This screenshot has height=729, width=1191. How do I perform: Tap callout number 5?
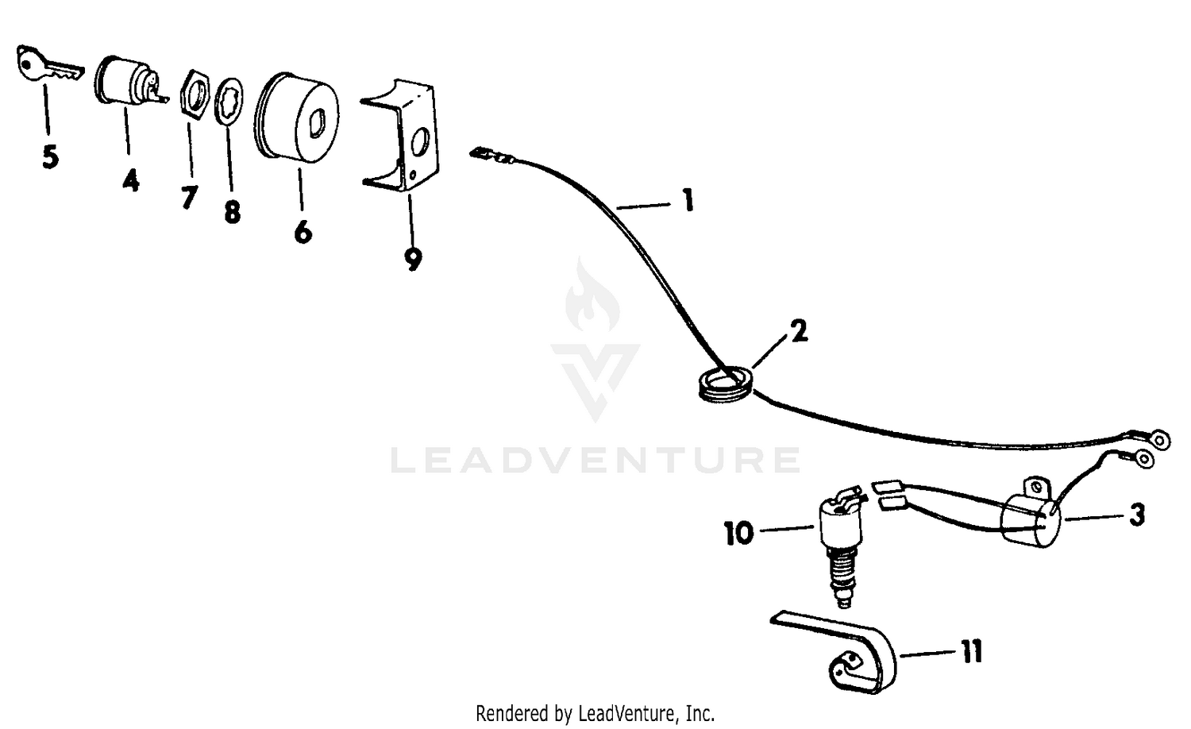51,157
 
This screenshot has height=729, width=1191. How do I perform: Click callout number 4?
131,180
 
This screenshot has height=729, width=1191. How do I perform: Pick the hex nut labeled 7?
194,94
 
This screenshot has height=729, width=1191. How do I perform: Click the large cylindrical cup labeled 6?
297,118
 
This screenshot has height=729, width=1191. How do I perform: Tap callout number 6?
303,232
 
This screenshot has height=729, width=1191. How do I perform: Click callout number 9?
413,259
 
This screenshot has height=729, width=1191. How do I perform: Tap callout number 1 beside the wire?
688,200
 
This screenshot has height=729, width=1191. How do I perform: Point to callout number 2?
799,331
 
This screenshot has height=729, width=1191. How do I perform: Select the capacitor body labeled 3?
1031,519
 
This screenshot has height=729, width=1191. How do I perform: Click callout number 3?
1137,515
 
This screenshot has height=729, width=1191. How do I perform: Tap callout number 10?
739,534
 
